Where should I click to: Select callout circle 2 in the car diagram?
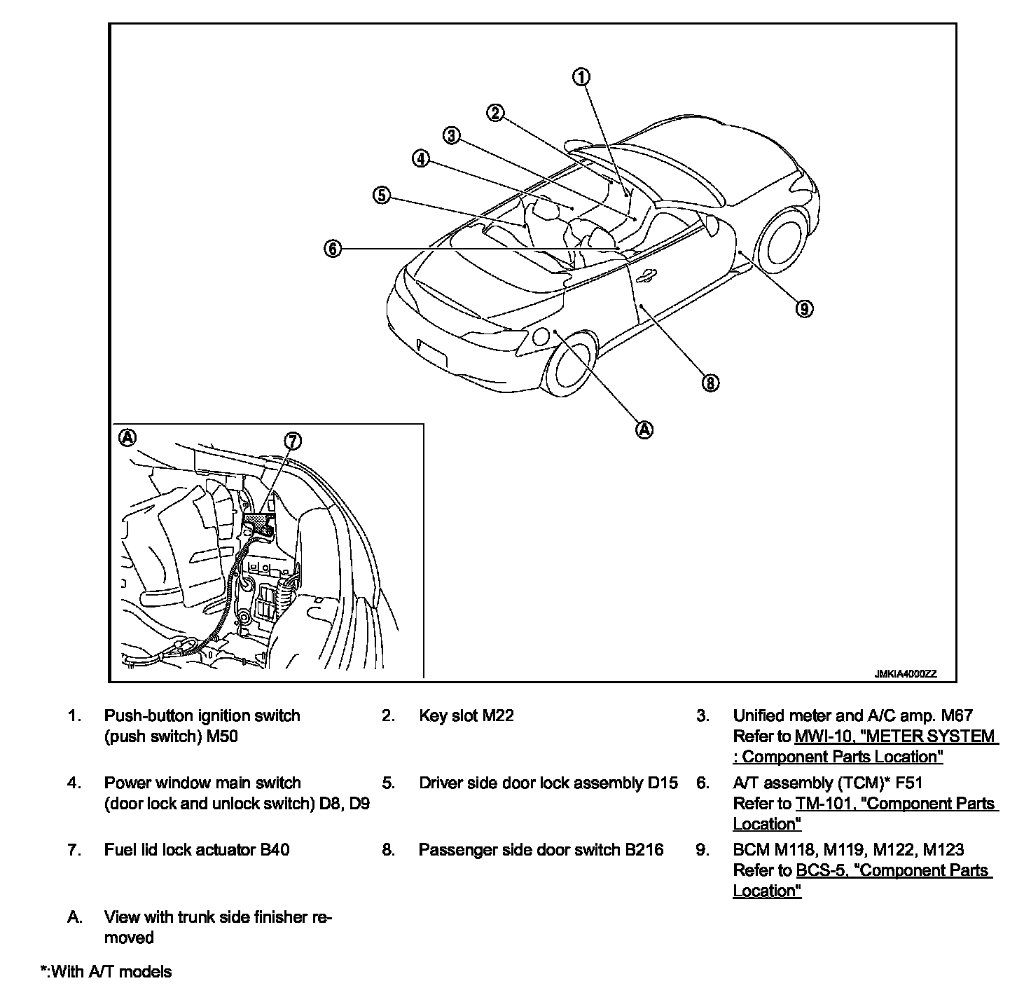[495, 113]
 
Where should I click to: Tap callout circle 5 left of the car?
[380, 195]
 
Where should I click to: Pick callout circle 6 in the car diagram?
[333, 248]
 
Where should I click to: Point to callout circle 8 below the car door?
[710, 383]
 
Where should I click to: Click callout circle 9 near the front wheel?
[804, 308]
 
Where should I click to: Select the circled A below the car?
[644, 430]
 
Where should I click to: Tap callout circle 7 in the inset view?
[293, 441]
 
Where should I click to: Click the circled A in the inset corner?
[127, 438]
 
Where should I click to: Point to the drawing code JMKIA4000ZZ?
[905, 674]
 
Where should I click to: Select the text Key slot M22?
[466, 715]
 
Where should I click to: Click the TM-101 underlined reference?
[896, 804]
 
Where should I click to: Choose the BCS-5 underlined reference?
[894, 870]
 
